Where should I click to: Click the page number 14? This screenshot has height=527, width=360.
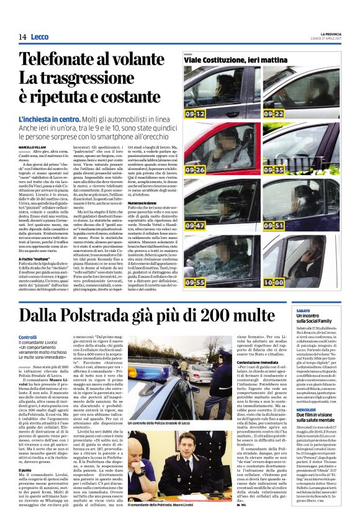[22, 37]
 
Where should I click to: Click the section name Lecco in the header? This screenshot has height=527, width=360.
[39, 37]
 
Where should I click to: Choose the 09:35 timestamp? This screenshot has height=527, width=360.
[274, 169]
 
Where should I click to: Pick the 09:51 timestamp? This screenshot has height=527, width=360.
[274, 227]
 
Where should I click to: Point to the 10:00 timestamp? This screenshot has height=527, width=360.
[274, 282]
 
